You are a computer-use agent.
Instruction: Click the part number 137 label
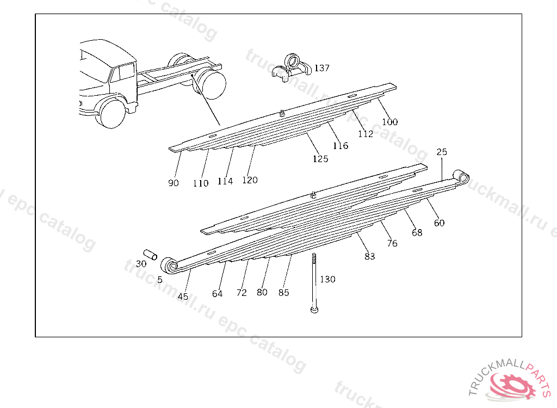coord(322,68)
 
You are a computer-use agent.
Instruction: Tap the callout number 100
coord(389,122)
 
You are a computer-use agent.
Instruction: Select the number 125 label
coord(320,159)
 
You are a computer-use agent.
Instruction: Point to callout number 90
coord(174,183)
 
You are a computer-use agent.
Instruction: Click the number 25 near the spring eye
coord(441,152)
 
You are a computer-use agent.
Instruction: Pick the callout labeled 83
coord(370,256)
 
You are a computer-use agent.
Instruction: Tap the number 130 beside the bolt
coord(327,279)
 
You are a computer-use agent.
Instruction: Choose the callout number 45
coord(183,296)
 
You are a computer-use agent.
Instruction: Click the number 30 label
coord(141,264)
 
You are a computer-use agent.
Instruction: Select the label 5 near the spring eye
coord(160,280)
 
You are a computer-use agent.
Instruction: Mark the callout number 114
coord(225,181)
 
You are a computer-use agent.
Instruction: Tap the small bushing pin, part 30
coord(150,254)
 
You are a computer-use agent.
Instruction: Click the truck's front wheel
coord(113,113)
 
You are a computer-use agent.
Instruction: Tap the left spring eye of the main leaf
coord(169,265)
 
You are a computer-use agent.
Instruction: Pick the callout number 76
coord(392,243)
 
